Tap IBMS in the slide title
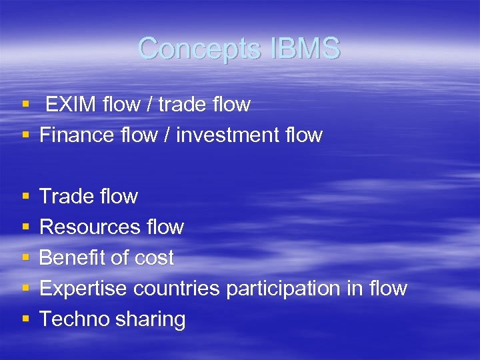point(306,49)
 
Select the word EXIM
point(70,105)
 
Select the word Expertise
point(83,289)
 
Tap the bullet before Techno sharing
point(25,319)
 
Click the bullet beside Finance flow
point(25,135)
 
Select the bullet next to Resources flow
point(25,227)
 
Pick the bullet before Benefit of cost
point(25,258)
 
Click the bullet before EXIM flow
point(25,105)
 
